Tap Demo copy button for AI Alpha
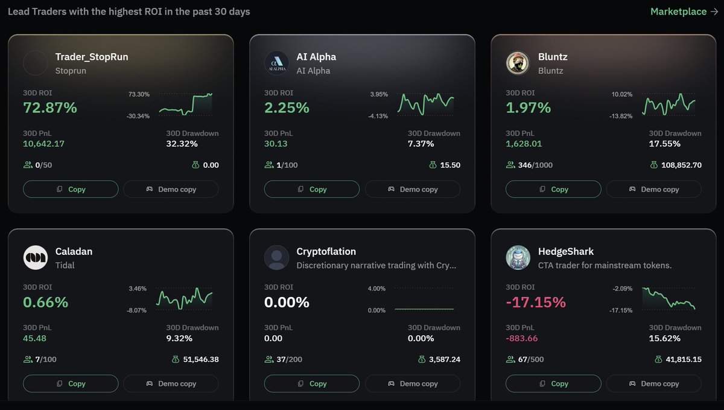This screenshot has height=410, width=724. (x=413, y=189)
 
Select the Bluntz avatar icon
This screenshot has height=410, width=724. (x=518, y=63)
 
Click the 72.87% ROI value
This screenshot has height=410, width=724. (x=50, y=108)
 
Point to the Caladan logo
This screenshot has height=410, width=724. (x=35, y=258)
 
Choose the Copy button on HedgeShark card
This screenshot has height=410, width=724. (x=553, y=383)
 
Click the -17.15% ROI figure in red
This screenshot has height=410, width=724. (x=536, y=303)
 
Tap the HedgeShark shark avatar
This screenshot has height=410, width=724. (x=518, y=258)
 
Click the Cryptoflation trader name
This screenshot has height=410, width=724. (x=326, y=251)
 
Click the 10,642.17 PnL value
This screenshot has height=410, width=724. (x=43, y=144)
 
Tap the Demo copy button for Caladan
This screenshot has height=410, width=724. (x=171, y=383)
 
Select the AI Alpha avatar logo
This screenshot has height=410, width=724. (x=276, y=63)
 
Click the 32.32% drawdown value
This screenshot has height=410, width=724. (x=182, y=144)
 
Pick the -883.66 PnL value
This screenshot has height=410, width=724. (x=522, y=338)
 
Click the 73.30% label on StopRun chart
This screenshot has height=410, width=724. (x=139, y=95)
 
